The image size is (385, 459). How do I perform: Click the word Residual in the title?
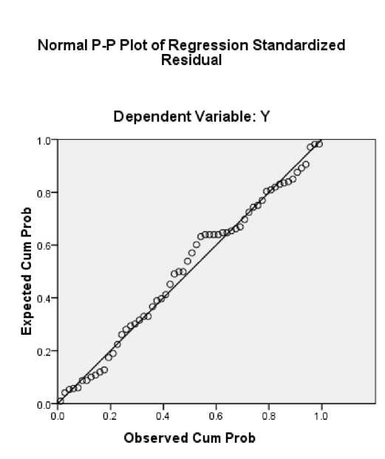click(191, 60)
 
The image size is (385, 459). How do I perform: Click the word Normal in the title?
click(63, 45)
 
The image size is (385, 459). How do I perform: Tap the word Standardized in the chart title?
click(299, 45)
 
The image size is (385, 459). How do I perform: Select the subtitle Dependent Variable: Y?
click(191, 117)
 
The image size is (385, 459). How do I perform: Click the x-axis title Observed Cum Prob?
click(190, 438)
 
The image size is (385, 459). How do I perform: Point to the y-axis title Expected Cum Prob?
click(27, 271)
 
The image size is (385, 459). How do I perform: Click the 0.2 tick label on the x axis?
click(110, 416)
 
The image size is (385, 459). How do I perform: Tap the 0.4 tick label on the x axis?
click(163, 416)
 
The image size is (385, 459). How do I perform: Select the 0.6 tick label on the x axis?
click(216, 416)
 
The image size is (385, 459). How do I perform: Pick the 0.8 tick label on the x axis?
click(268, 416)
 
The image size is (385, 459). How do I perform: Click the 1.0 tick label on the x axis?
click(321, 416)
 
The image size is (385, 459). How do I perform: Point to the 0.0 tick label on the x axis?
click(58, 416)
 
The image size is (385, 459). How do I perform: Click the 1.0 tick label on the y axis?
click(44, 140)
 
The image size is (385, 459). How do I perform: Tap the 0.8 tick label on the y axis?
click(44, 194)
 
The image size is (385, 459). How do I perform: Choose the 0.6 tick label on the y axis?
click(44, 246)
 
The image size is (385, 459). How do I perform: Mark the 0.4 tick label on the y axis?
click(44, 299)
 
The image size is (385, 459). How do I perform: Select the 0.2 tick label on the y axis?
click(44, 352)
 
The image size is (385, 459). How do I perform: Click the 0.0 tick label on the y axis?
click(44, 405)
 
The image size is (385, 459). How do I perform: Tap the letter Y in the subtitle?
click(265, 117)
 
